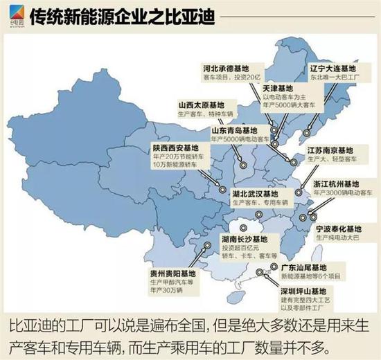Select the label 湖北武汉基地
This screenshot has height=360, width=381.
tap(254, 194)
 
